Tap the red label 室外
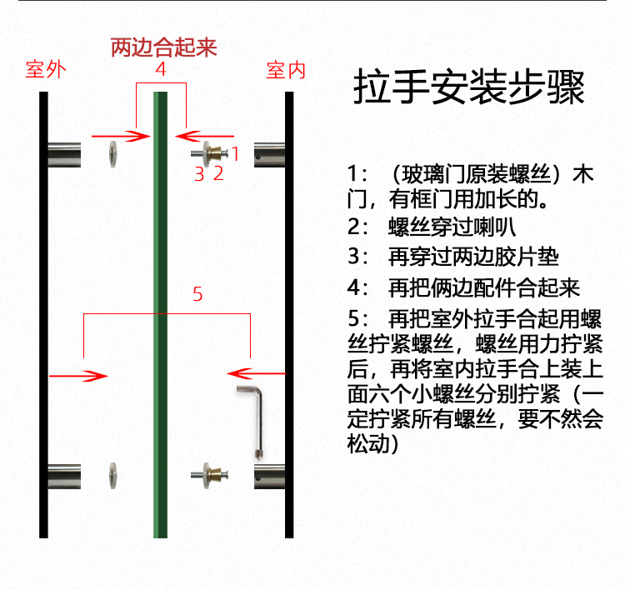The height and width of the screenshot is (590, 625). (x=45, y=70)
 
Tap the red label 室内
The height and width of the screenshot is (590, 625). (x=286, y=70)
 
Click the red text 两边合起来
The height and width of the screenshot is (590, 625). (x=163, y=47)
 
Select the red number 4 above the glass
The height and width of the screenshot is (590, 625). (x=161, y=70)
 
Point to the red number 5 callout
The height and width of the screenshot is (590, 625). (x=197, y=294)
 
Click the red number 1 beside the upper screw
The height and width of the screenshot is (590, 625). (x=235, y=153)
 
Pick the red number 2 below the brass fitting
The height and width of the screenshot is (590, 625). (x=218, y=173)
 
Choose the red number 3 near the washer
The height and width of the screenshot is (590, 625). (x=199, y=173)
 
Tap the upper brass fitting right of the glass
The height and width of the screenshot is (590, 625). (x=217, y=153)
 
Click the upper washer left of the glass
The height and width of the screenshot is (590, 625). (x=112, y=153)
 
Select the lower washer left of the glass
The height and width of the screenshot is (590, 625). (x=112, y=475)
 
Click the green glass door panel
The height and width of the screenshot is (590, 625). (x=160, y=333)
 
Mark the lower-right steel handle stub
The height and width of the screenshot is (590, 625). (x=269, y=477)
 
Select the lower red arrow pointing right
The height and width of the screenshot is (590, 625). (x=79, y=376)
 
